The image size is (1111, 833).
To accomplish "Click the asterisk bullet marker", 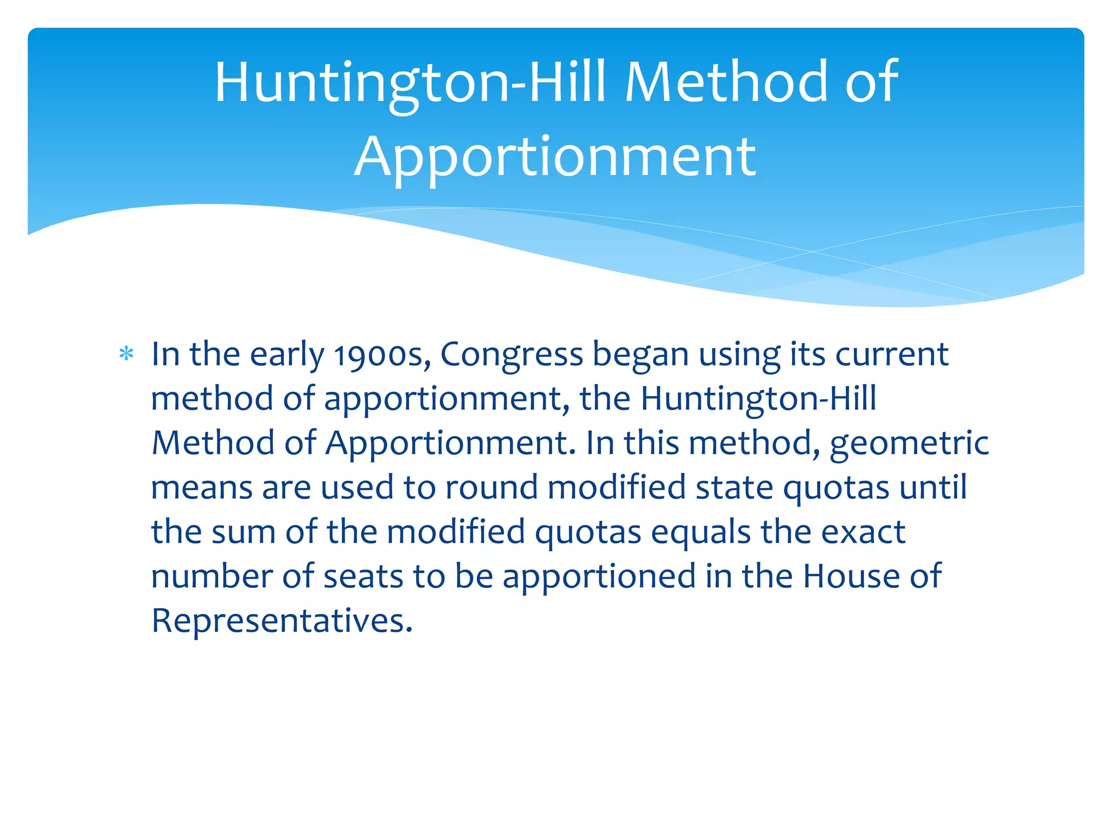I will click(126, 354).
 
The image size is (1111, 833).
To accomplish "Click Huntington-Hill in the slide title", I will click(410, 82).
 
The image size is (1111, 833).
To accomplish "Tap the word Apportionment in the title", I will click(554, 157).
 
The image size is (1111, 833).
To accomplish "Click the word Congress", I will click(511, 355).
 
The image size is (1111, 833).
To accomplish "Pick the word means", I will click(201, 488).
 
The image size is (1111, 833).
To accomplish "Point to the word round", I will click(491, 488).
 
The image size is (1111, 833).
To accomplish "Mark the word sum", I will click(244, 533).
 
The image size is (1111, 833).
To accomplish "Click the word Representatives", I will click(282, 621).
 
